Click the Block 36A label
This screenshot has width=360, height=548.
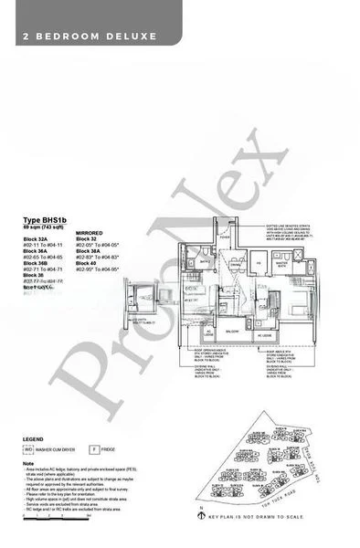coord(37,253)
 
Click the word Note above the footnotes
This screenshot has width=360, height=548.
coord(28,463)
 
